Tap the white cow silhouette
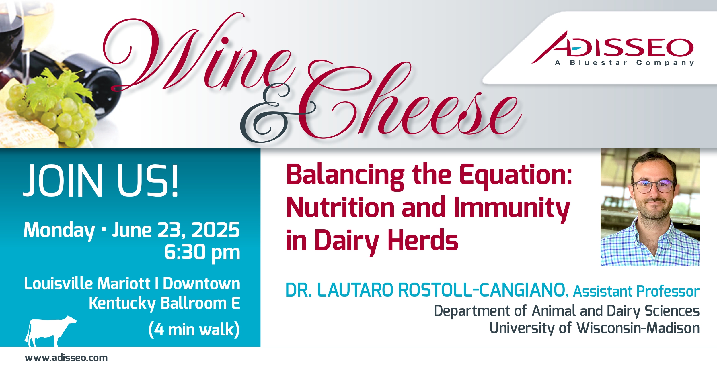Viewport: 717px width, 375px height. (x=50, y=331)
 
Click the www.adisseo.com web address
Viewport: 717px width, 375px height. (x=66, y=358)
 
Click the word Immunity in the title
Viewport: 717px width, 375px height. (x=512, y=208)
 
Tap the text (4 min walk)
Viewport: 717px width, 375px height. (x=194, y=329)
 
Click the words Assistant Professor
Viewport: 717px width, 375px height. (x=636, y=292)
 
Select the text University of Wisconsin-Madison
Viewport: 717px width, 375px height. (x=595, y=328)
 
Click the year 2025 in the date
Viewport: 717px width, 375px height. (x=215, y=230)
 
